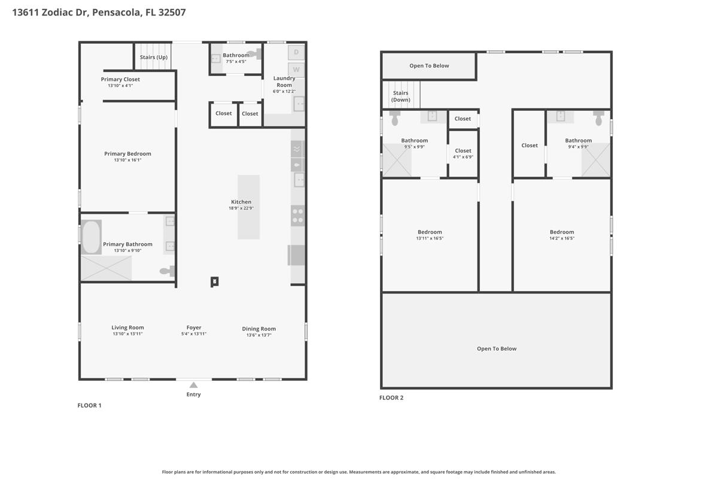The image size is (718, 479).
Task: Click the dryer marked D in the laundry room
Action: pyautogui.click(x=296, y=52)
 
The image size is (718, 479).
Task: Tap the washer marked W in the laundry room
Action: pyautogui.click(x=296, y=69)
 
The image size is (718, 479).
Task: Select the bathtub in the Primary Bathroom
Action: pyautogui.click(x=92, y=237)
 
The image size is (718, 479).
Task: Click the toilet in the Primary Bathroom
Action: pyautogui.click(x=168, y=271)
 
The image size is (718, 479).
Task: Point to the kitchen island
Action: pyautogui.click(x=248, y=207)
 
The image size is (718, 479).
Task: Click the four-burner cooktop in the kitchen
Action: pyautogui.click(x=298, y=216)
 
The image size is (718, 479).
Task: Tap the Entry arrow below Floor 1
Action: pyautogui.click(x=193, y=385)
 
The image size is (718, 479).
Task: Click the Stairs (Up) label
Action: pyautogui.click(x=154, y=57)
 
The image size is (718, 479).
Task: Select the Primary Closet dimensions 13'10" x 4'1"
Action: pyautogui.click(x=120, y=86)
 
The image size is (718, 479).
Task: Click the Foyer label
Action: pyautogui.click(x=194, y=328)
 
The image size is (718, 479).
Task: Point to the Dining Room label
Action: pyautogui.click(x=258, y=329)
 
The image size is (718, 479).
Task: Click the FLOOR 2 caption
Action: pyautogui.click(x=391, y=398)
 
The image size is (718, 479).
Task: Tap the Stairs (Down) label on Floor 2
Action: pyautogui.click(x=401, y=96)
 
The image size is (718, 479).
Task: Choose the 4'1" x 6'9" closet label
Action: pyautogui.click(x=463, y=157)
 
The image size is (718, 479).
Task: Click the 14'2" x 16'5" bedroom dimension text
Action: pyautogui.click(x=562, y=238)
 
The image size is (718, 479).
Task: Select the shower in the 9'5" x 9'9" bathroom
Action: pyautogui.click(x=397, y=160)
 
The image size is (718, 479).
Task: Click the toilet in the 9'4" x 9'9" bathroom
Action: pyautogui.click(x=598, y=118)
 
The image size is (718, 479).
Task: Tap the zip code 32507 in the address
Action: pyautogui.click(x=172, y=12)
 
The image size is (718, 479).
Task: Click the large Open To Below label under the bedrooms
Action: pyautogui.click(x=497, y=348)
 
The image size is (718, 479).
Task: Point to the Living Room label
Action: pyautogui.click(x=127, y=328)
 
